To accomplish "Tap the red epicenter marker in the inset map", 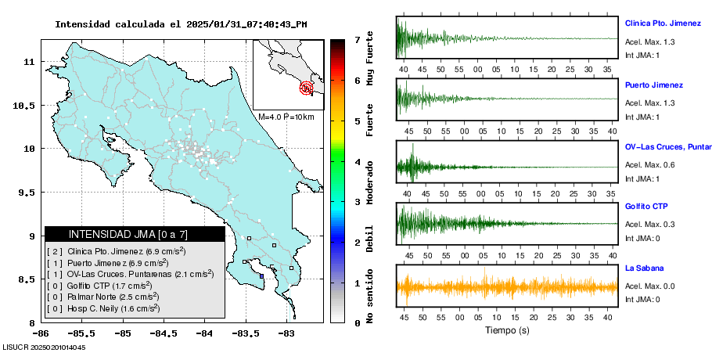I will point(306,88).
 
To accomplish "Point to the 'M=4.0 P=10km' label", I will point(286,117).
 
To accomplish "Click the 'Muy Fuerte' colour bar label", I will point(370,59).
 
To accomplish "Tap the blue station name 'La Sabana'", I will point(645,268).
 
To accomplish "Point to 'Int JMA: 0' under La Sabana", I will point(643,299).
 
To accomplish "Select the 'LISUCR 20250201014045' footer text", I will point(44,347).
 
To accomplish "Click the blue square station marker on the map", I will point(261,275).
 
